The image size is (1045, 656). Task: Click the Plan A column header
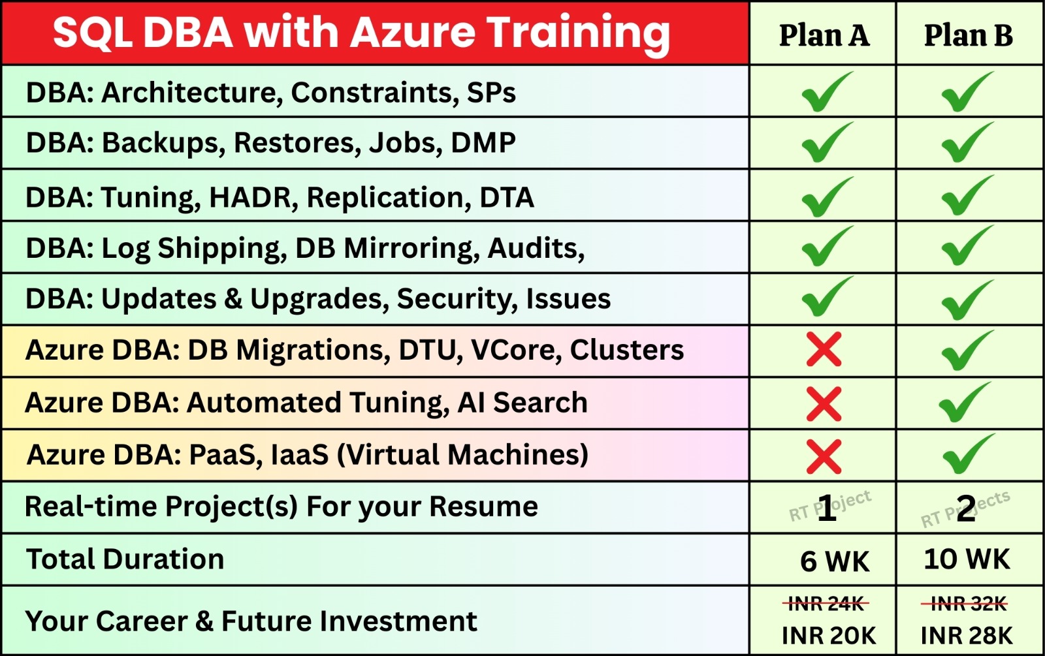tap(824, 35)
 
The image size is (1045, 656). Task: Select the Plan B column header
tap(969, 35)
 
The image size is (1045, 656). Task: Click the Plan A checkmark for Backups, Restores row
tap(826, 143)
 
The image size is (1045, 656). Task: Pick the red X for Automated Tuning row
tap(824, 404)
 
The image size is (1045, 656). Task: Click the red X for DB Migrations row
tap(824, 349)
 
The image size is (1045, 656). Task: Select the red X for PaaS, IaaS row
tap(824, 456)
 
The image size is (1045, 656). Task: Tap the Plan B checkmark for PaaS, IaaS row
tap(967, 454)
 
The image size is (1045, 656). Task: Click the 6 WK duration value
tap(835, 561)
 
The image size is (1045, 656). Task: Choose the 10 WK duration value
tap(967, 559)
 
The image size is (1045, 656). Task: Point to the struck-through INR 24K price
tap(826, 604)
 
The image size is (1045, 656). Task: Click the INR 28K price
tap(967, 636)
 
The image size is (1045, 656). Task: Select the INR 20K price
tap(829, 636)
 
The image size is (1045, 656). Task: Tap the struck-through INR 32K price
tap(965, 604)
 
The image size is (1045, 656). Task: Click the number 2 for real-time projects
tap(965, 508)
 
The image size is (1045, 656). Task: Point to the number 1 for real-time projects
tap(827, 508)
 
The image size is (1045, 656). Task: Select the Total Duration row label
tap(125, 559)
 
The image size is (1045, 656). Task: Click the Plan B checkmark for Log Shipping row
tap(967, 245)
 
